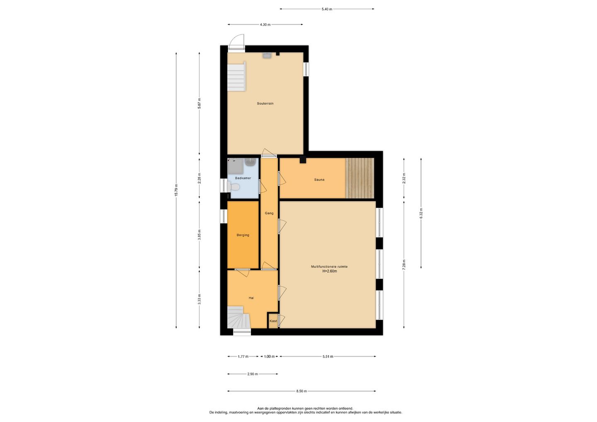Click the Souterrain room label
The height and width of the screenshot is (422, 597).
[265, 103]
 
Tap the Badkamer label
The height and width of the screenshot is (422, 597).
[243, 178]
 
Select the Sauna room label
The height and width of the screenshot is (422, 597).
[319, 179]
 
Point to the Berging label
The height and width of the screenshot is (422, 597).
[243, 235]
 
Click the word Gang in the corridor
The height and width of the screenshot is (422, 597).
[269, 213]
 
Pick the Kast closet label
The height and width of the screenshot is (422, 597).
[273, 321]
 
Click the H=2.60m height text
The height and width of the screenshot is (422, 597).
[330, 271]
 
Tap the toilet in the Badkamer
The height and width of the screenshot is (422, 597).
[234, 187]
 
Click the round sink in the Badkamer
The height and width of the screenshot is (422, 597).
[250, 162]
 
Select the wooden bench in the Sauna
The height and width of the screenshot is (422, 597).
[360, 178]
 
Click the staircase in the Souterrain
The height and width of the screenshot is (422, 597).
[236, 76]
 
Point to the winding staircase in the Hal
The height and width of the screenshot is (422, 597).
[238, 317]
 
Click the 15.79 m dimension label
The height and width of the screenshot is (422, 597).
[176, 190]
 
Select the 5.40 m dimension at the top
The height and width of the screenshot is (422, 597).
[327, 9]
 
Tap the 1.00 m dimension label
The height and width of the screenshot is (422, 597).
[269, 357]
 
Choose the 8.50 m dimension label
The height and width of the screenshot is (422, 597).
[301, 391]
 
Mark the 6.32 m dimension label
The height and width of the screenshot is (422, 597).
[421, 213]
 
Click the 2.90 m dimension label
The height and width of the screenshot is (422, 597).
[252, 374]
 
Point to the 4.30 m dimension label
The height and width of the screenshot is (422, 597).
[265, 25]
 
